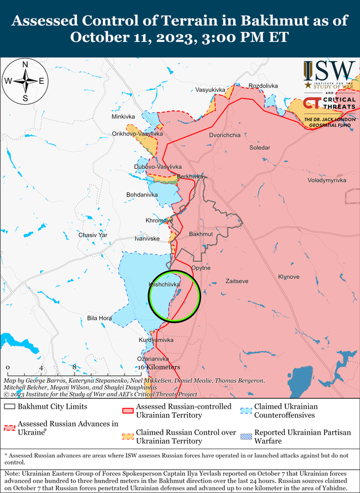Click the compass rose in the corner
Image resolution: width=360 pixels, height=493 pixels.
click(25, 81)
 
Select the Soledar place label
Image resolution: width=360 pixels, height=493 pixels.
click(259, 148)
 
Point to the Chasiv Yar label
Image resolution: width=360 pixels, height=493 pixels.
click(92, 235)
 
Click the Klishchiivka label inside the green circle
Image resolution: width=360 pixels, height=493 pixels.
click(164, 285)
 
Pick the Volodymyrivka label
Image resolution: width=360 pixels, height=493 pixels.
click(327, 180)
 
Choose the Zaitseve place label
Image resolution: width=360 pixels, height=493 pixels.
click(237, 281)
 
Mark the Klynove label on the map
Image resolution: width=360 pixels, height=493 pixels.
click(288, 277)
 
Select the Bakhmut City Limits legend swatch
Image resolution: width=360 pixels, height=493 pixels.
click(9, 407)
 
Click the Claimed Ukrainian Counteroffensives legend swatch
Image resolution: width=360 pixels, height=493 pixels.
click(247, 407)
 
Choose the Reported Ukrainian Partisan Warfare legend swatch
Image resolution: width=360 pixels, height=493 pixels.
click(247, 433)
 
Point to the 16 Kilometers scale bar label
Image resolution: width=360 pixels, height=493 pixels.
click(158, 367)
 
